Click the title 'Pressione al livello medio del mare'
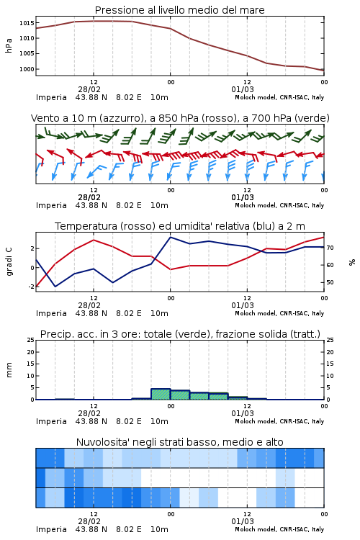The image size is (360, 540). tap(179, 10)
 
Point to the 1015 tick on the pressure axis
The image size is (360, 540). tap(27, 23)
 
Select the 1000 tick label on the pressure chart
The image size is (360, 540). tap(27, 69)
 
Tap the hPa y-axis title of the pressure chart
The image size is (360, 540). tap(9, 45)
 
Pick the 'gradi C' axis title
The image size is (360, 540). tap(9, 261)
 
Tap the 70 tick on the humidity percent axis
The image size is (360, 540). tap(330, 248)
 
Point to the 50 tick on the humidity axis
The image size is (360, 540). tap(330, 282)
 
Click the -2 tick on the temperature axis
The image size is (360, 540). tap(31, 286)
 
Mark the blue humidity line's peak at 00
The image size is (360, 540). tap(170, 237)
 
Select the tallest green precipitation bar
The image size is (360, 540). tap(161, 394)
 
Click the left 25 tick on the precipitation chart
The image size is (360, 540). tap(31, 340)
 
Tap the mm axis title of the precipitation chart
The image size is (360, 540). tap(9, 370)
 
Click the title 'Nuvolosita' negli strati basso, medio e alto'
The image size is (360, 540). tap(179, 442)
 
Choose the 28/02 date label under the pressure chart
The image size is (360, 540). tap(89, 89)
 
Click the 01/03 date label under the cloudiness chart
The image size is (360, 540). tap(243, 521)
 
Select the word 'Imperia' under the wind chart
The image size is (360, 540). tap(51, 205)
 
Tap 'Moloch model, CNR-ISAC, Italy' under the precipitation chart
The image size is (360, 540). tap(279, 421)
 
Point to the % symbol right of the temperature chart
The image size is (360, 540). tap(352, 262)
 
